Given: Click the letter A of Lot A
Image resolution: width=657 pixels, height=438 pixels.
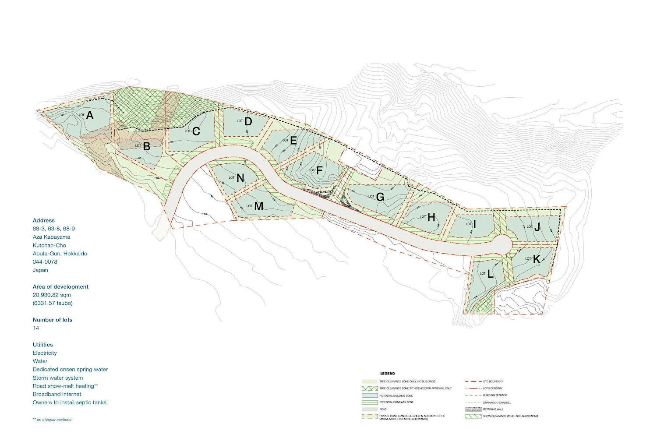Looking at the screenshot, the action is [90, 115].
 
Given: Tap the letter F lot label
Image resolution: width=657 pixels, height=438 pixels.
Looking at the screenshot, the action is [319, 171].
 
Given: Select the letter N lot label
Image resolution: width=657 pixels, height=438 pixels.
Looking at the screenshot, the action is [240, 178].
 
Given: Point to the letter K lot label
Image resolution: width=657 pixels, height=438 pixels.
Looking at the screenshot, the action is [537, 259].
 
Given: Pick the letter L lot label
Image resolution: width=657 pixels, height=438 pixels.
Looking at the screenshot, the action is [490, 275].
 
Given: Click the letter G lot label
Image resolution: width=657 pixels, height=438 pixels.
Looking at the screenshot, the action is [380, 197].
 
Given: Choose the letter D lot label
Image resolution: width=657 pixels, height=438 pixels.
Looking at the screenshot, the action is [248, 121].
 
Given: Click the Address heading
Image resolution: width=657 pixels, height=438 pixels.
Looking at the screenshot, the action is [44, 220].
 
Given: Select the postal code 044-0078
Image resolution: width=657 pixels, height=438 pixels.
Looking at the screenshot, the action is [45, 261].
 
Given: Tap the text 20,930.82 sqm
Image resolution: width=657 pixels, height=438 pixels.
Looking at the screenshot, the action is [52, 295].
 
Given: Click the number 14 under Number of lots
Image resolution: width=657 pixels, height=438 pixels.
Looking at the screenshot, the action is [36, 328].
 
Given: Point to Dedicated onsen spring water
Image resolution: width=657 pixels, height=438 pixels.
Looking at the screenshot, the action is [70, 369].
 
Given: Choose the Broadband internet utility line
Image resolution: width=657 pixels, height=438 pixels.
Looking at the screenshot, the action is [57, 394].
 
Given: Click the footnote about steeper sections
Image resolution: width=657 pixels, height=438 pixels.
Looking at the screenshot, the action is [52, 420].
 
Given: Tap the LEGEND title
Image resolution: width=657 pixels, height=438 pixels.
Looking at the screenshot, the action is [387, 374].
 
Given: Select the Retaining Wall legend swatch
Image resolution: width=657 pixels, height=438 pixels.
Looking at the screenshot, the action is [473, 409].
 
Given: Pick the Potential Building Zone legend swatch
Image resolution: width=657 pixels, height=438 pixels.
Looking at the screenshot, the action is [370, 396].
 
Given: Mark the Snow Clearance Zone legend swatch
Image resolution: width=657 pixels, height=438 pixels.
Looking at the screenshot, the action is [473, 416].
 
